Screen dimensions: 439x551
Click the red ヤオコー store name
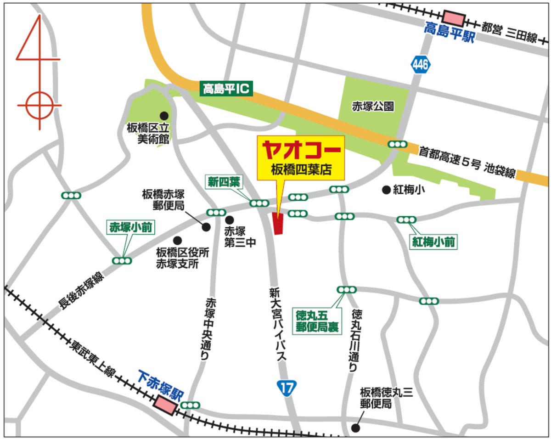click(x=301, y=150)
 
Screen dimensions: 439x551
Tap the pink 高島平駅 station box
click(x=454, y=19)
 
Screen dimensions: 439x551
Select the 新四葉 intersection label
click(x=223, y=182)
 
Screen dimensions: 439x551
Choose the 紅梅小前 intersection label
click(x=433, y=242)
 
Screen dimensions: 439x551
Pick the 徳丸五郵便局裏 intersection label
click(x=317, y=321)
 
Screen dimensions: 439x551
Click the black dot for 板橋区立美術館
click(x=163, y=115)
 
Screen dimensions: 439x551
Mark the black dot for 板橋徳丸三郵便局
click(x=355, y=428)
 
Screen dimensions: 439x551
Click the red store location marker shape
click(x=278, y=224)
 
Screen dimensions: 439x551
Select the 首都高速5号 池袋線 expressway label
click(x=467, y=161)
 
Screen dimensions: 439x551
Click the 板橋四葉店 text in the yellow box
click(x=301, y=169)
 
